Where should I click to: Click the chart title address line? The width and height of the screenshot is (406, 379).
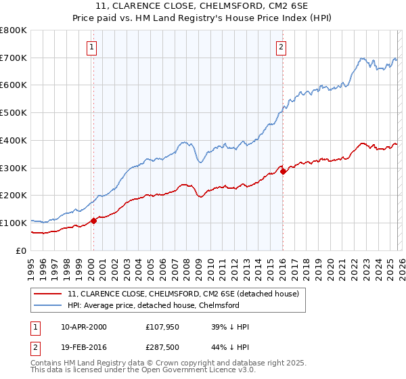point(202,7)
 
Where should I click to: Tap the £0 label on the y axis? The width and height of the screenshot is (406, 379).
point(22,250)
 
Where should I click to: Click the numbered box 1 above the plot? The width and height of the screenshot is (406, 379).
point(91,47)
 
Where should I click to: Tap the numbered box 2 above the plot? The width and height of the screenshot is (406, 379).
point(281,47)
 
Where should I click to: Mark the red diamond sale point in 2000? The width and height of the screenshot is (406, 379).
point(93,220)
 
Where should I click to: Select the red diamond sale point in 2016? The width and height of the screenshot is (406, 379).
point(283,171)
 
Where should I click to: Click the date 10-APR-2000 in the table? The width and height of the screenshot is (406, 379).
point(84,327)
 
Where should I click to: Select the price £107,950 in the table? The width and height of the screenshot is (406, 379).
point(163,327)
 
